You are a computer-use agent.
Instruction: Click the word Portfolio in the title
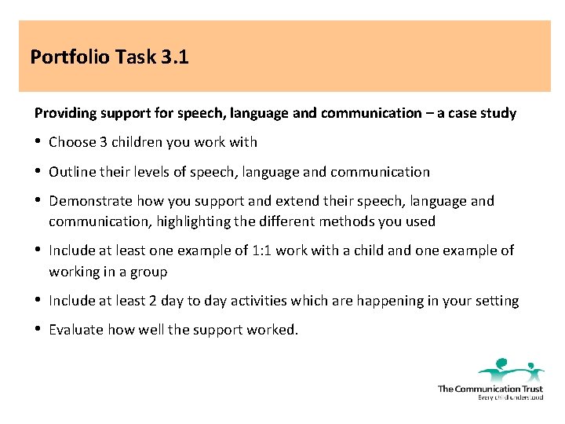69,57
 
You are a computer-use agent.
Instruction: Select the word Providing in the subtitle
65,113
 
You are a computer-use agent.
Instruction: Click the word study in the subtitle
497,113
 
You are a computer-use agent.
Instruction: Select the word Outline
71,172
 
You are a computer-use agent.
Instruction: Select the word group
148,271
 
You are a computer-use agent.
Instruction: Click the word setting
494,301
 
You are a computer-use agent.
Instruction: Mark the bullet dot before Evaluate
38,329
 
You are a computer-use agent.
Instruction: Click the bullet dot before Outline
38,171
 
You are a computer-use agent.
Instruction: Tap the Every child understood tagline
510,397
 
